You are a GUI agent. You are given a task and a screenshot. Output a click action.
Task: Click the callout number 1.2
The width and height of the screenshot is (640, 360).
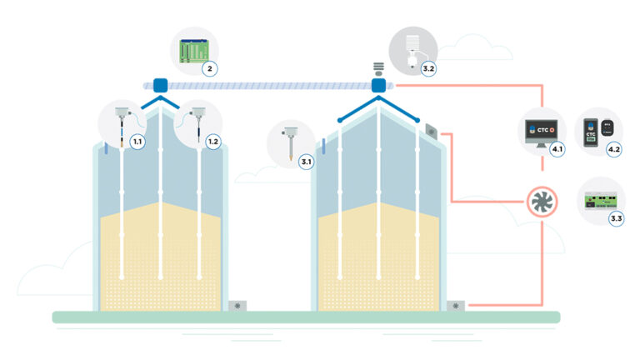212,142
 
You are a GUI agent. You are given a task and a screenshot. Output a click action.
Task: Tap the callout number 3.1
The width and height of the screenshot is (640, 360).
306,162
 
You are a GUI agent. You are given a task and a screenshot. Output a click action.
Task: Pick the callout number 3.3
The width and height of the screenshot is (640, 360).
617,218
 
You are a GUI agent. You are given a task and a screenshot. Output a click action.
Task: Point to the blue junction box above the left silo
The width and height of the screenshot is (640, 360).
160,84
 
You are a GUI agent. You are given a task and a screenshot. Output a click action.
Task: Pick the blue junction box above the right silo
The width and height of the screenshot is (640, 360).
379,84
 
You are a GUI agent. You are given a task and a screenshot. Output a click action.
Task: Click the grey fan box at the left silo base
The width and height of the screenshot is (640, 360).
237,306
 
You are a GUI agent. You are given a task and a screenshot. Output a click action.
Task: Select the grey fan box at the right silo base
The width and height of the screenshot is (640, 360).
457,306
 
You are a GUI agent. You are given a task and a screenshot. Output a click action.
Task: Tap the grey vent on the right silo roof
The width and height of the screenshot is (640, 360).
431,131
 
